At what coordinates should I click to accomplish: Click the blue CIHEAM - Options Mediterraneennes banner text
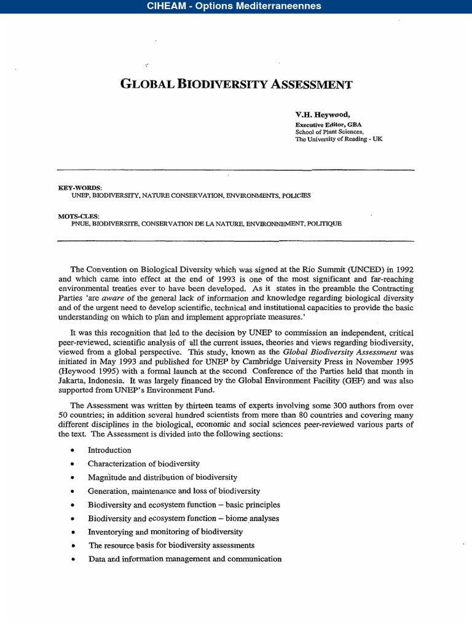coord(234,6)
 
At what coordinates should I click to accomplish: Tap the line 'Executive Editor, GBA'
coord(329,123)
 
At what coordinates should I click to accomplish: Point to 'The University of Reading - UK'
coord(339,139)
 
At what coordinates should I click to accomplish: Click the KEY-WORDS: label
coord(80,187)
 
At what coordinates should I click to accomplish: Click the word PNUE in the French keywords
coord(81,224)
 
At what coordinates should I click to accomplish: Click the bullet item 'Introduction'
coord(109,450)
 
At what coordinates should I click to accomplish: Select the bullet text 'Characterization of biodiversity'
coord(143,464)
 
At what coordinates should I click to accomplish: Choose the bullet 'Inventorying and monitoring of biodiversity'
coord(165,531)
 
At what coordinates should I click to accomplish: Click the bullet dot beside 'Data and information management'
coord(73,560)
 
